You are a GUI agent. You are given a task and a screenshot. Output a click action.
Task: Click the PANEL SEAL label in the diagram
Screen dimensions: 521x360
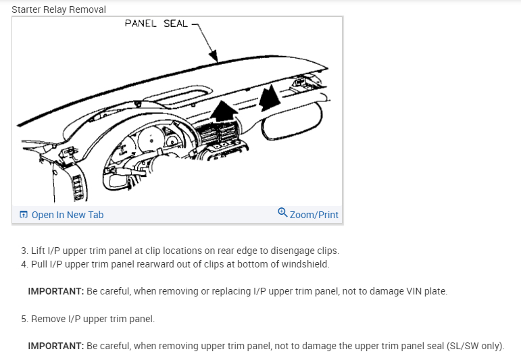pyautogui.click(x=155, y=24)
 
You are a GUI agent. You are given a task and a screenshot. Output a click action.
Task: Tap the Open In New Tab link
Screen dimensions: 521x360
pyautogui.click(x=68, y=215)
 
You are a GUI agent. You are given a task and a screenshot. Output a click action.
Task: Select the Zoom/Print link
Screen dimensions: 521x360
pyautogui.click(x=314, y=215)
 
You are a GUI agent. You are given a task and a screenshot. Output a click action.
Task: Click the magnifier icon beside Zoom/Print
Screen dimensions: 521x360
pyautogui.click(x=282, y=213)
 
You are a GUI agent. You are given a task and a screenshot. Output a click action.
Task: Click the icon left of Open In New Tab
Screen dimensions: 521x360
pyautogui.click(x=24, y=215)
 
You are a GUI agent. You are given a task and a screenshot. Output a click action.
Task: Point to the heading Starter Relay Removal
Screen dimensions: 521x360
pyautogui.click(x=59, y=9)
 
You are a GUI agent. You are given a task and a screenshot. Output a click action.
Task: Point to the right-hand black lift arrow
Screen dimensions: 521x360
pyautogui.click(x=270, y=99)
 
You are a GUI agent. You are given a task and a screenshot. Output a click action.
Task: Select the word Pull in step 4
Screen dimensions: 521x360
pyautogui.click(x=41, y=264)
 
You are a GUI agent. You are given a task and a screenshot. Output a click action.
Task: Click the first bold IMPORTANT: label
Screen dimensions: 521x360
pyautogui.click(x=55, y=291)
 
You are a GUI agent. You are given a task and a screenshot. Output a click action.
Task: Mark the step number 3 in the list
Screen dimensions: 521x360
pyautogui.click(x=24, y=251)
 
